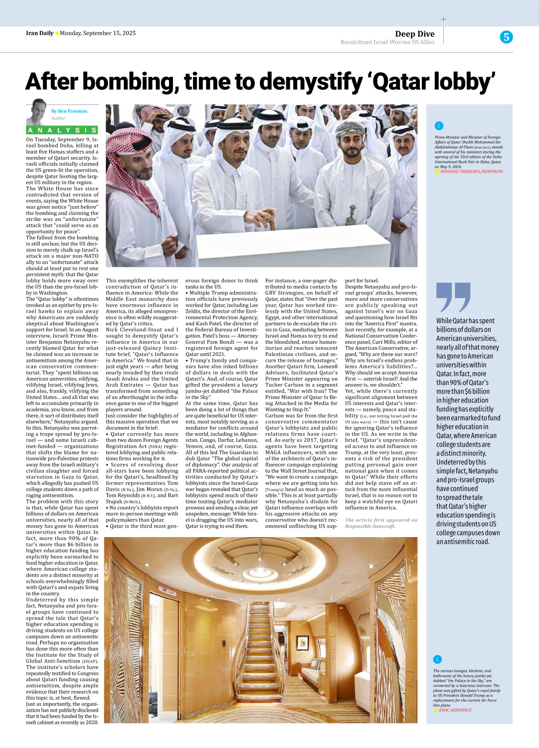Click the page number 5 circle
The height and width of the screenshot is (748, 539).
click(506, 37)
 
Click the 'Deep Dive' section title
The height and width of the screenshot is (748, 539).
click(414, 34)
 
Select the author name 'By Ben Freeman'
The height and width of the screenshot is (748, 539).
click(69, 111)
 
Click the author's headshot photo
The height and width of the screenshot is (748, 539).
click(37, 112)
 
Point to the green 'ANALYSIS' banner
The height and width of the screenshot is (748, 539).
click(62, 130)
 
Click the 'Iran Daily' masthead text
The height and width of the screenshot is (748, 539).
click(39, 33)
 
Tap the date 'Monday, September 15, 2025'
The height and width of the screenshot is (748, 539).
click(98, 33)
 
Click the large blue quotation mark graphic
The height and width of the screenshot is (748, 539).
click(453, 297)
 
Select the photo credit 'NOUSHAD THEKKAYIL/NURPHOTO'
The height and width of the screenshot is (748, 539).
click(471, 172)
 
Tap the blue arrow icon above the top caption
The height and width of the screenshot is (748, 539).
click(439, 126)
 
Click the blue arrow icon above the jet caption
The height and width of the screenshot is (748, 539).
click(437, 659)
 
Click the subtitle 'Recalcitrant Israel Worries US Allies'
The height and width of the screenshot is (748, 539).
click(387, 42)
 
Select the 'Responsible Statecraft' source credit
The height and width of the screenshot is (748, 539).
click(370, 526)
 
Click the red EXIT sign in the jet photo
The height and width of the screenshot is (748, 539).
click(164, 589)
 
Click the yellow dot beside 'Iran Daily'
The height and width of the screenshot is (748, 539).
click(57, 34)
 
